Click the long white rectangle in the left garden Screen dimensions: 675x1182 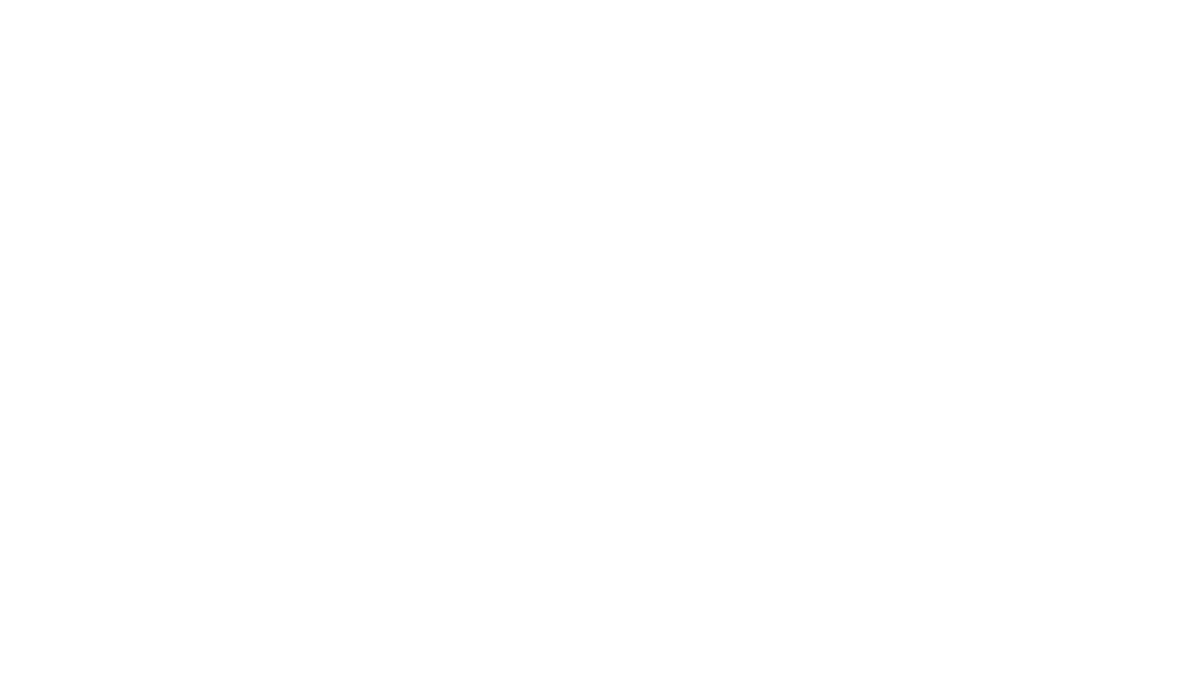[x=171, y=241]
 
